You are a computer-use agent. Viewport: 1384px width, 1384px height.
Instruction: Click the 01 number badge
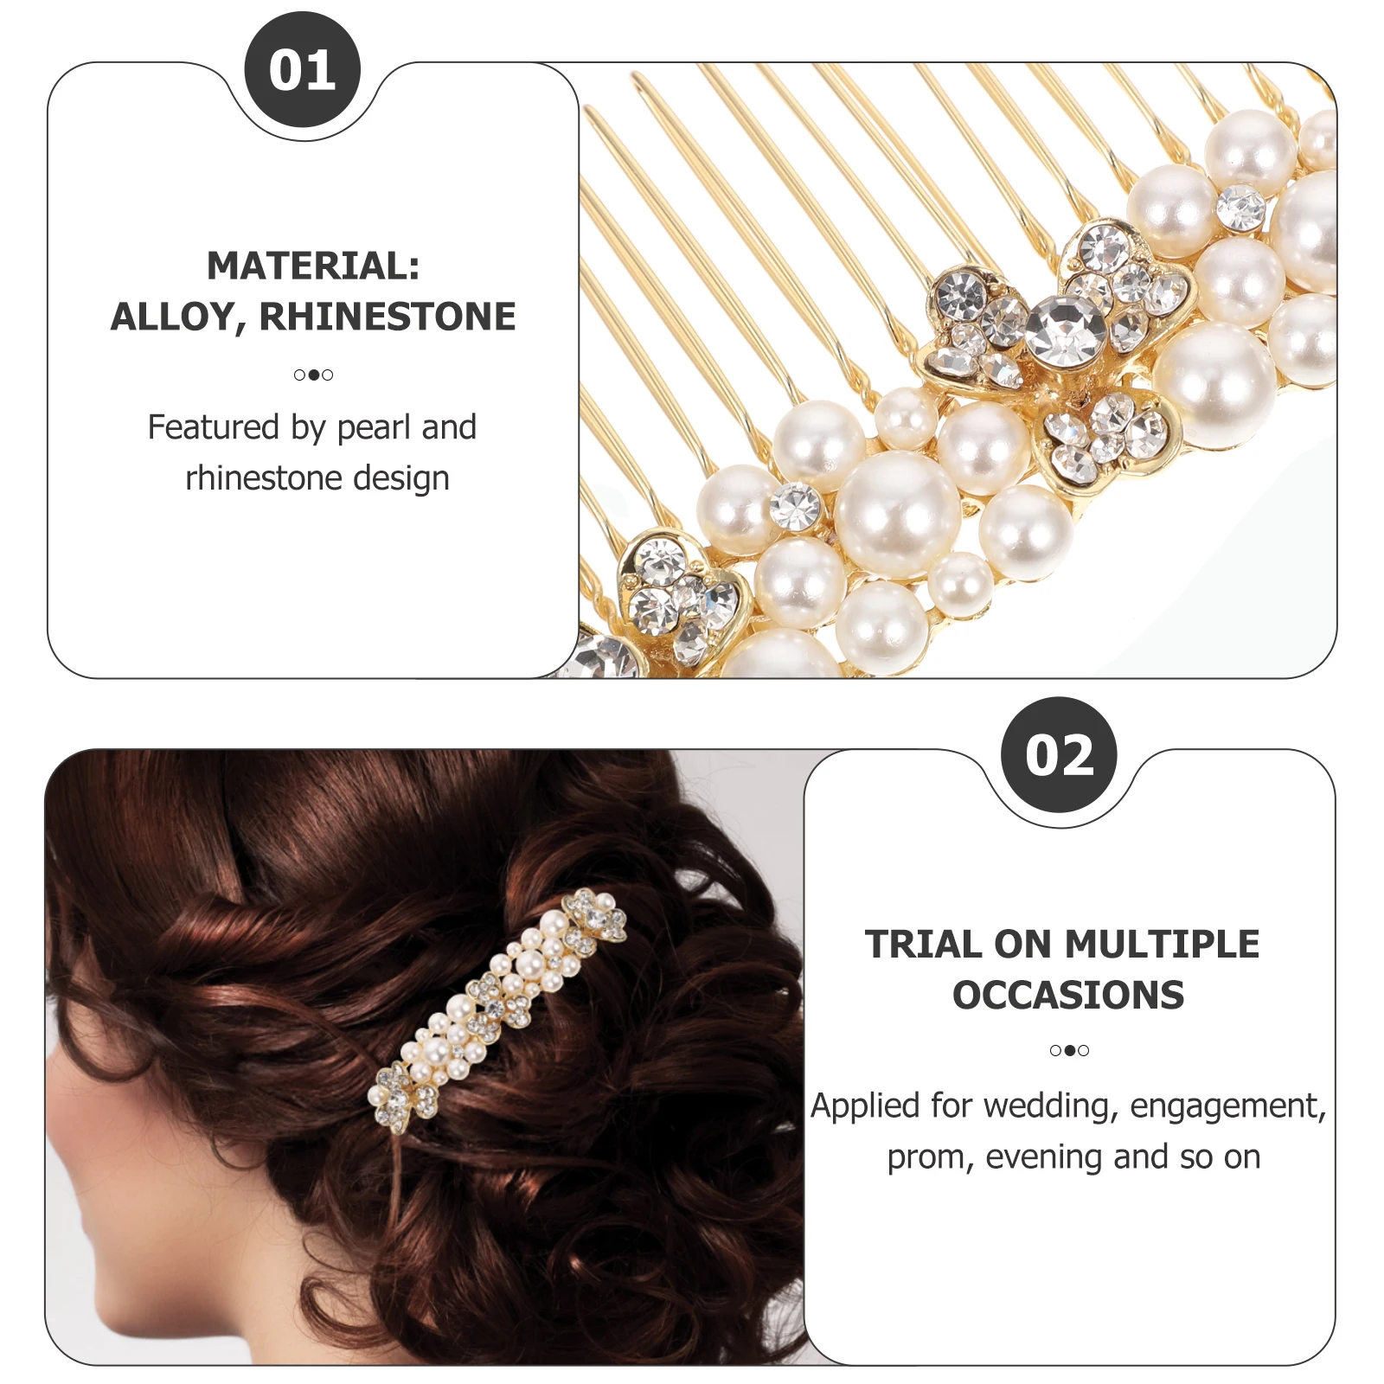[x=302, y=70]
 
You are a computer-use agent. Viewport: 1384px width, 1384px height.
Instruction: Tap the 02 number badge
[x=1059, y=755]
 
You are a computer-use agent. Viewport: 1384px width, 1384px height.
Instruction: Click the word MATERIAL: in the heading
[x=313, y=266]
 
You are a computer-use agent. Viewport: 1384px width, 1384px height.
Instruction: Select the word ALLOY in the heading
[x=172, y=317]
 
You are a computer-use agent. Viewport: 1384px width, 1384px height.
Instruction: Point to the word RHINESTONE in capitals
[x=388, y=317]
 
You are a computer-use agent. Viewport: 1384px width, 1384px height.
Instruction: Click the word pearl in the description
[x=374, y=427]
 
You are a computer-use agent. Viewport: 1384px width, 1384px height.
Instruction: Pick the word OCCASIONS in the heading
[x=1068, y=995]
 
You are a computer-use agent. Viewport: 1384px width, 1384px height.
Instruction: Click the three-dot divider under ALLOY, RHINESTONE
[x=313, y=375]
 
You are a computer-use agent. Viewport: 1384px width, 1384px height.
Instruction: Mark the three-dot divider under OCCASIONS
[x=1069, y=1050]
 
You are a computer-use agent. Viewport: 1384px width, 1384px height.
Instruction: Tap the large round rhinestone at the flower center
[x=1065, y=330]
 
